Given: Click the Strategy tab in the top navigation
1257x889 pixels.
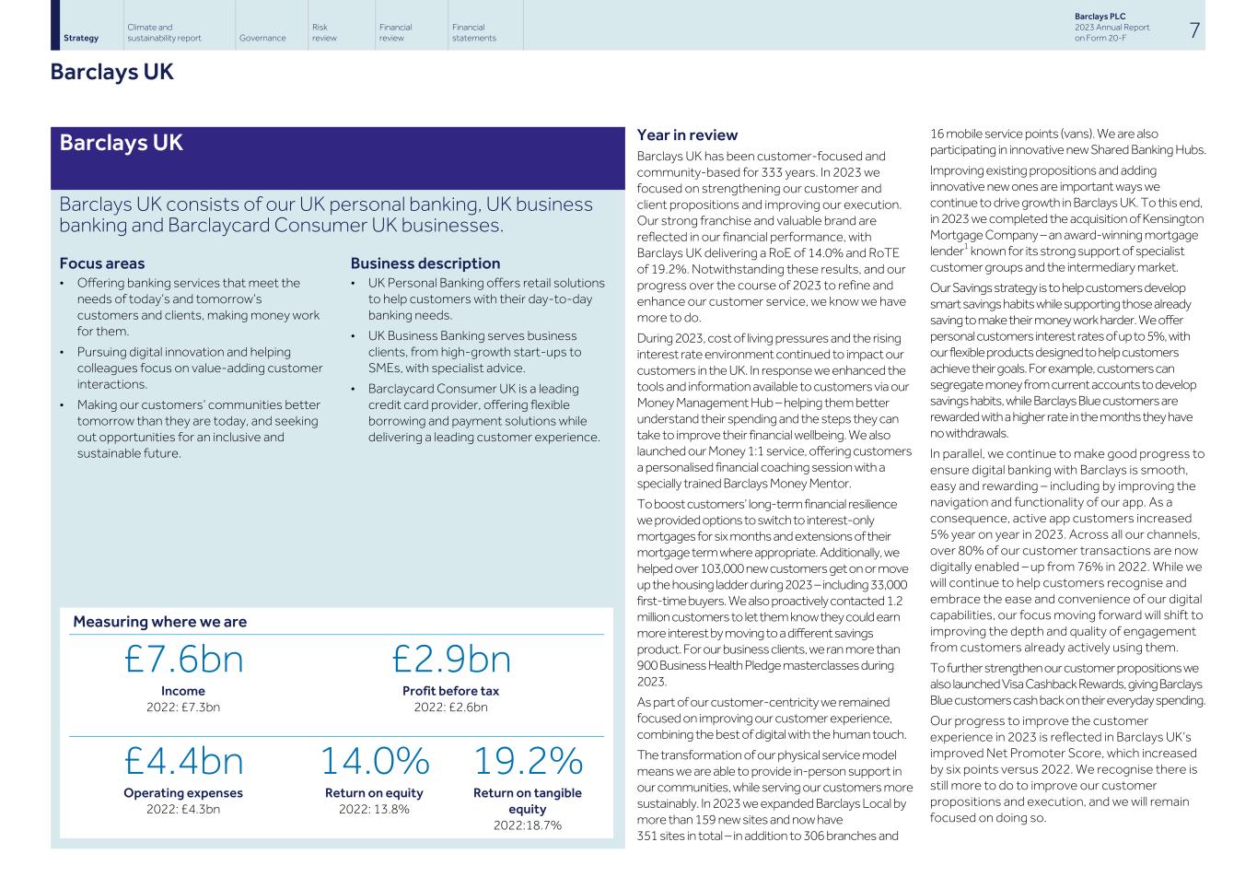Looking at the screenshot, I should click(81, 38).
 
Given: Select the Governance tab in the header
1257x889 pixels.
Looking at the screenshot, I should click(262, 38).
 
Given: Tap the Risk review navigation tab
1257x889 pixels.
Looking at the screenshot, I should click(324, 32).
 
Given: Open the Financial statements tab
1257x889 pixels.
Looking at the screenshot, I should click(473, 32).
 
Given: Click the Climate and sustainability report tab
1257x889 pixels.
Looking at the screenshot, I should click(164, 32).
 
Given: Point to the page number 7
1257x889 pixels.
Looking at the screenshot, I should click(1193, 30).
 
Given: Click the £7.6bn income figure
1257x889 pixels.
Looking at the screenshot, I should click(183, 660).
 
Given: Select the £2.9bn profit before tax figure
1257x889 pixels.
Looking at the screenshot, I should click(450, 660).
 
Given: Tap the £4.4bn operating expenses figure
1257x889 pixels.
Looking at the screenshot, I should click(183, 762).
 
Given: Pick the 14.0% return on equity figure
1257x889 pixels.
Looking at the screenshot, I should click(374, 762).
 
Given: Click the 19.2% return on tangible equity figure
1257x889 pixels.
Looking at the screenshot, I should click(528, 762).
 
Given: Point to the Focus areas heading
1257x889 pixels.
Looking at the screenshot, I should click(101, 263).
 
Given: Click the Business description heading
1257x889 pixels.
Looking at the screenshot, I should click(425, 263).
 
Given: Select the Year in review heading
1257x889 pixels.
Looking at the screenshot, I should click(687, 135).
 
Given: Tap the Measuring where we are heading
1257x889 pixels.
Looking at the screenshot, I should click(159, 622).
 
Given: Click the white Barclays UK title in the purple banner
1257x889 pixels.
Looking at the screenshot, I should click(121, 143).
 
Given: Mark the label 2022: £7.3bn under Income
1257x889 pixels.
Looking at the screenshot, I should click(183, 708).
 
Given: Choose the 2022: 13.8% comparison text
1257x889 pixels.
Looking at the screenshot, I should click(374, 809).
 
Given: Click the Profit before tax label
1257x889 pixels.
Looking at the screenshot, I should click(450, 691).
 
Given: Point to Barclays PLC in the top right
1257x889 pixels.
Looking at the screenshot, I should click(1100, 17).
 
